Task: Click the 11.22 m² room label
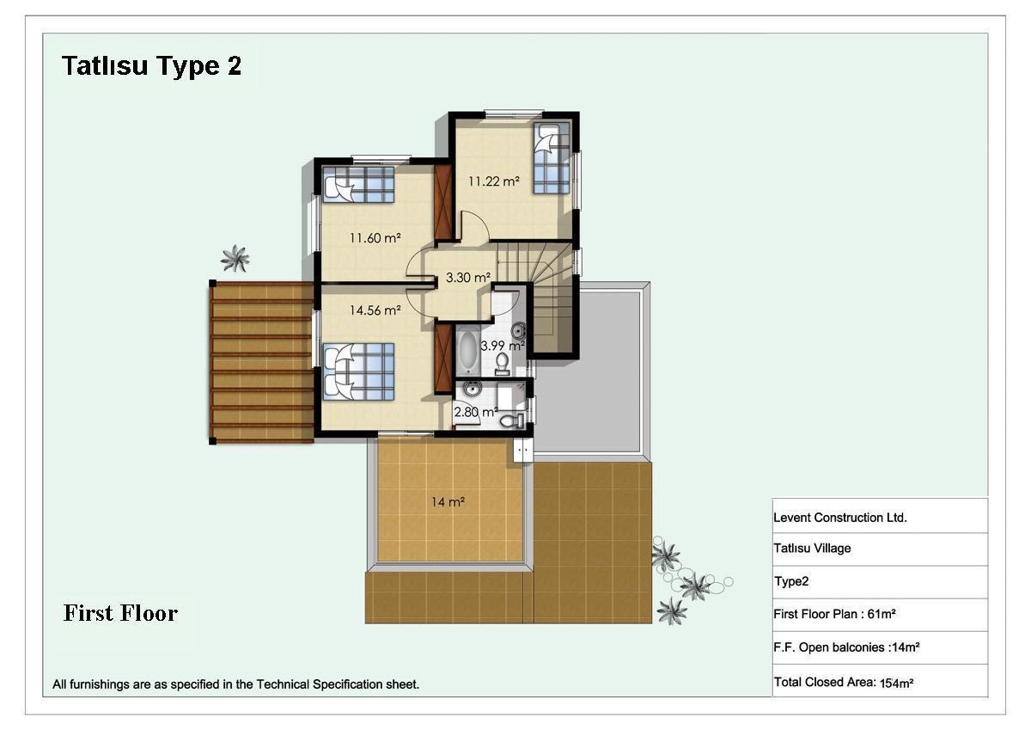click(x=494, y=181)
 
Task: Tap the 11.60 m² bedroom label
click(x=375, y=237)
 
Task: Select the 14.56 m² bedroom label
click(x=375, y=310)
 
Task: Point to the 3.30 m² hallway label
click(x=468, y=277)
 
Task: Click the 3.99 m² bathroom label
click(x=503, y=345)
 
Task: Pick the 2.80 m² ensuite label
click(x=476, y=411)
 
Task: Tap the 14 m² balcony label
click(x=448, y=501)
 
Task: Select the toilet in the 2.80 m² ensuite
click(x=512, y=420)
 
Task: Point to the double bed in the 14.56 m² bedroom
click(x=358, y=371)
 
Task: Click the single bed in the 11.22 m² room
click(x=552, y=158)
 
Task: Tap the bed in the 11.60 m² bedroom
click(x=358, y=184)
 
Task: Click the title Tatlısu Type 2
click(x=151, y=65)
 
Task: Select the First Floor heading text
click(x=120, y=613)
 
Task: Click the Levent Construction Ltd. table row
click(x=880, y=516)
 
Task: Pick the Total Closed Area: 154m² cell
click(x=880, y=681)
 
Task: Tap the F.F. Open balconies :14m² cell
click(x=880, y=647)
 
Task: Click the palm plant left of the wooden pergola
click(x=235, y=258)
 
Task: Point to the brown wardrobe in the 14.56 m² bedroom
click(x=443, y=359)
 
